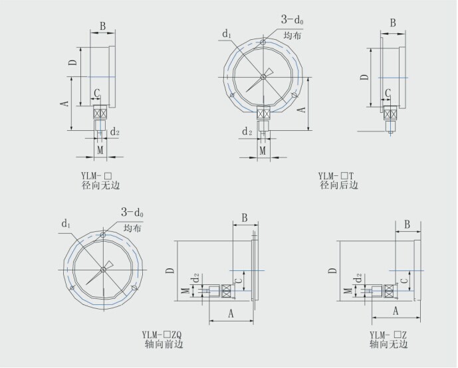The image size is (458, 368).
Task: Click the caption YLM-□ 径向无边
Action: pos(100,181)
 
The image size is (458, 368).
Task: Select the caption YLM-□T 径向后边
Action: pos(338,181)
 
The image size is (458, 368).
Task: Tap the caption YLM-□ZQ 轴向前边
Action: pos(163,339)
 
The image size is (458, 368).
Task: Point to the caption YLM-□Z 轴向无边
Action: pos(388,339)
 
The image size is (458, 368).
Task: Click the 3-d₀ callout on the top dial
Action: pos(292,20)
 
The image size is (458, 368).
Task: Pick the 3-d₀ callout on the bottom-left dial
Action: pos(132,212)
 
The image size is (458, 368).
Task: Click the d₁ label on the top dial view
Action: pos(227,34)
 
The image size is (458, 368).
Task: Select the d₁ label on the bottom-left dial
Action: pos(66,224)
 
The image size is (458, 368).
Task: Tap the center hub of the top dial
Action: pos(263,77)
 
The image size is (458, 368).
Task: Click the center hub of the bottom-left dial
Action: pos(103,270)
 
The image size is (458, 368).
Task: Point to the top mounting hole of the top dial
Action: pos(263,43)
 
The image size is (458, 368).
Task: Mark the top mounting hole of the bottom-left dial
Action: pos(103,235)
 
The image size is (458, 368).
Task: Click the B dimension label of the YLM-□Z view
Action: pos(407,225)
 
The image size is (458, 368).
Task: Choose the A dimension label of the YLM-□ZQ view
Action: pos(231,314)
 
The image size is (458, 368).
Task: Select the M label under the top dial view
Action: pos(263,151)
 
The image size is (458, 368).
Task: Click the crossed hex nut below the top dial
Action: pos(263,114)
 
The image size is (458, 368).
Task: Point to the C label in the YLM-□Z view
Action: pos(404,281)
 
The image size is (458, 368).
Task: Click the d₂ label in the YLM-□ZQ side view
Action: pos(196,278)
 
